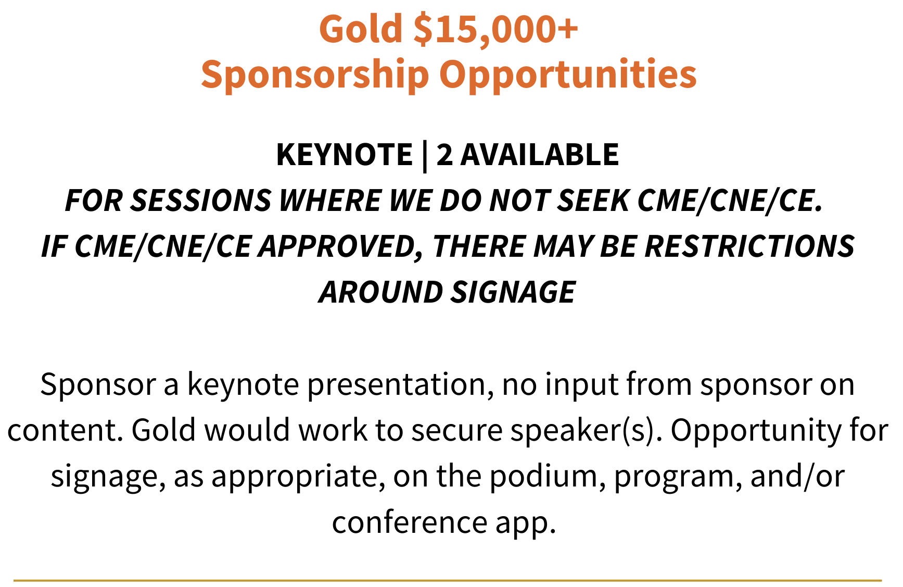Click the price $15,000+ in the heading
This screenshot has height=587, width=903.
495,29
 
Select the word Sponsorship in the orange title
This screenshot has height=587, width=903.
315,74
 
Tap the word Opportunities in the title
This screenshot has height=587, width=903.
568,74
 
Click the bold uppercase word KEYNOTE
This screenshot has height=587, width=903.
344,155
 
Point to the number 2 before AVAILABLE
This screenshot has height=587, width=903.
444,155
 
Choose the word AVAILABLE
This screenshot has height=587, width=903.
540,155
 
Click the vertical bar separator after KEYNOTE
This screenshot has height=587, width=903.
425,156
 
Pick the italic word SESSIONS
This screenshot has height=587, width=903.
200,201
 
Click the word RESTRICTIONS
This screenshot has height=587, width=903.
749,246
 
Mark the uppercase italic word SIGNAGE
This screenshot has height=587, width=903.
513,292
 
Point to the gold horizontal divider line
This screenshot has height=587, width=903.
448,580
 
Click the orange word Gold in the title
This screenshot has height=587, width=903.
361,29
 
